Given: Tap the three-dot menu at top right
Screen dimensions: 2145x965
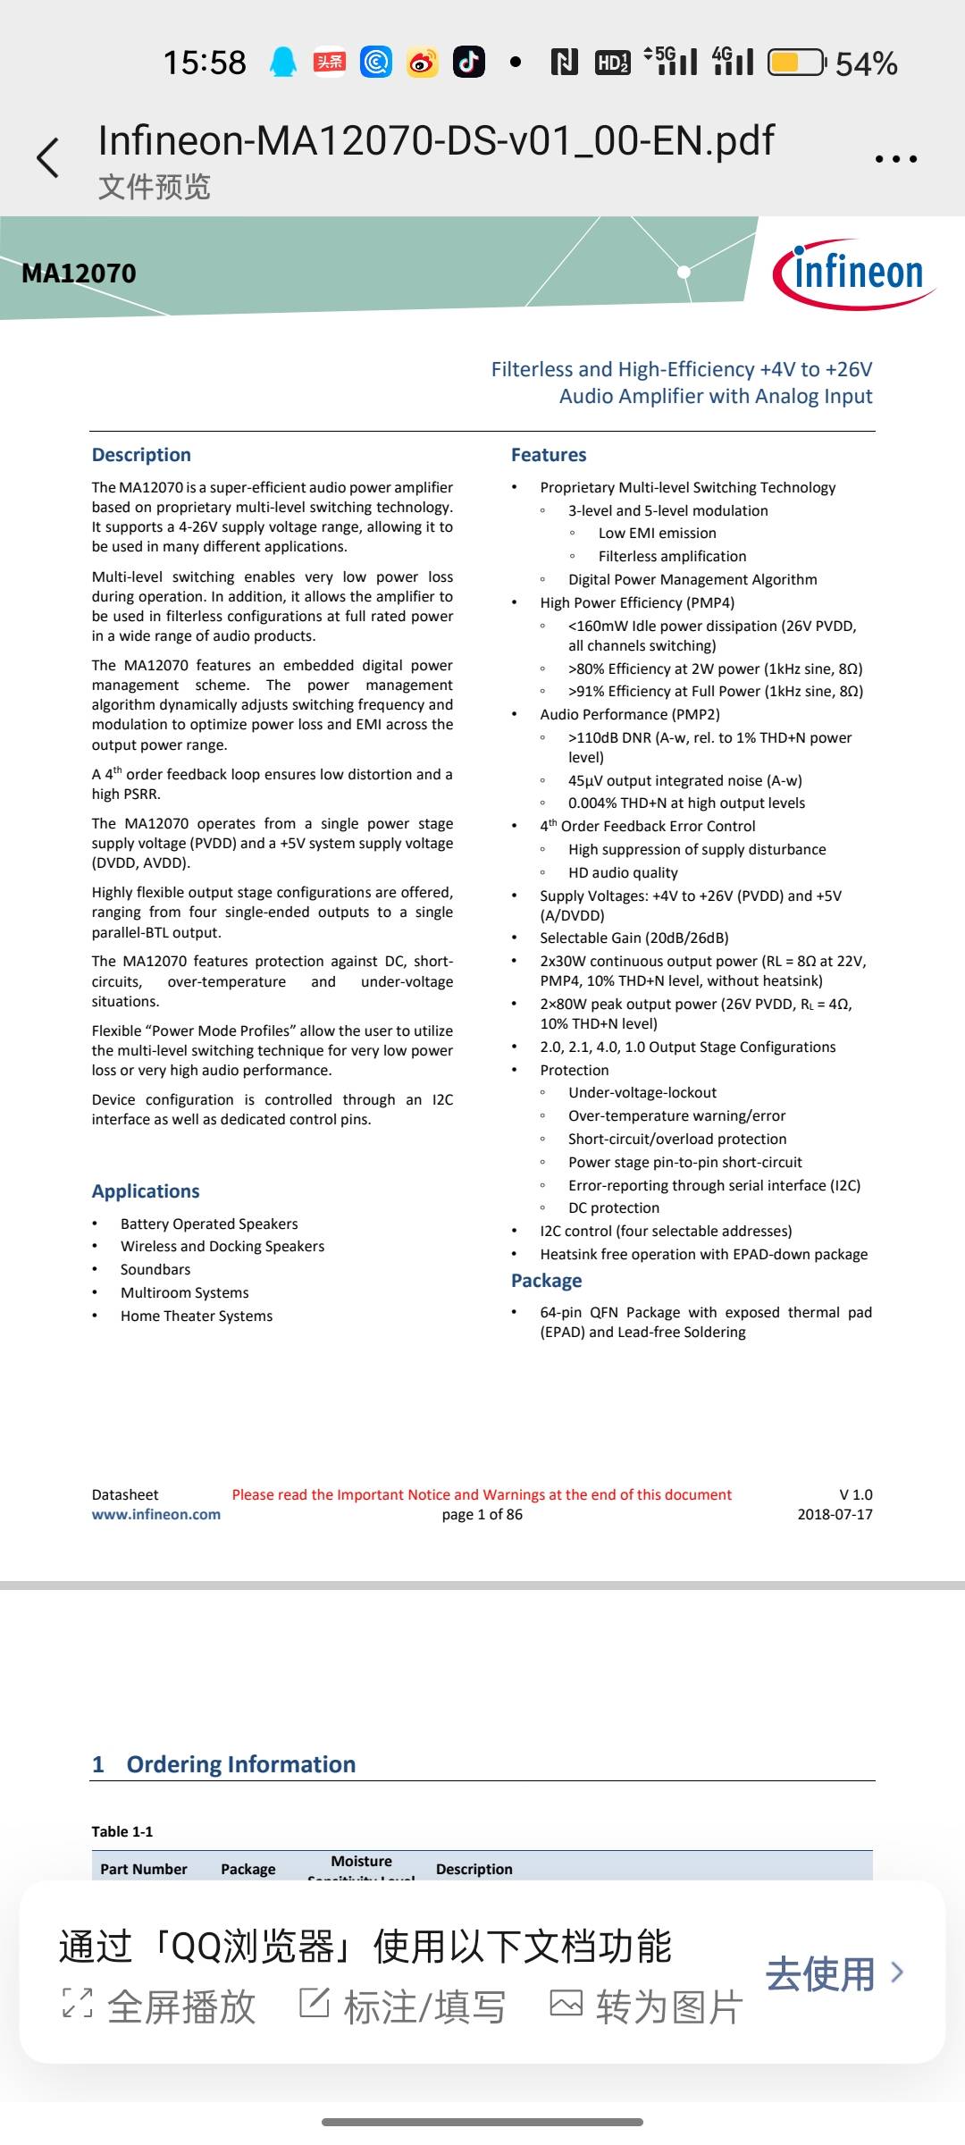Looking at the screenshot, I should click(x=895, y=159).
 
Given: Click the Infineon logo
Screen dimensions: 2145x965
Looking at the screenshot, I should click(x=853, y=273).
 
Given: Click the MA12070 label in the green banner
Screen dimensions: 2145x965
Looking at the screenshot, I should click(x=79, y=273).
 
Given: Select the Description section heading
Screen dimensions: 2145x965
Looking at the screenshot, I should click(x=141, y=455).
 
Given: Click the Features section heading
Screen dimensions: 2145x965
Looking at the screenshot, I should click(x=549, y=455).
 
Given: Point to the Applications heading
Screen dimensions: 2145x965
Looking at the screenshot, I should click(x=146, y=1191).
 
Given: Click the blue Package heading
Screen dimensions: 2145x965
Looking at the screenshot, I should click(x=546, y=1281).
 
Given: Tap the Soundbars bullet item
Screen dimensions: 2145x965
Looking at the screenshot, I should click(x=155, y=1269).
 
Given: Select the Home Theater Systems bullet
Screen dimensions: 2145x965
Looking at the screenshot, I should click(x=197, y=1316).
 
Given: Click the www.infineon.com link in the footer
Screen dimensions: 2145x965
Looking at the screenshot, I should click(x=156, y=1514).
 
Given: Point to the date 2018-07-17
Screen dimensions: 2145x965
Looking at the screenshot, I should click(x=835, y=1514).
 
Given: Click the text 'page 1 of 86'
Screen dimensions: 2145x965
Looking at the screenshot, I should click(x=482, y=1514).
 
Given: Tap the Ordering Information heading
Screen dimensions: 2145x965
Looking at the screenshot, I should click(x=240, y=1764).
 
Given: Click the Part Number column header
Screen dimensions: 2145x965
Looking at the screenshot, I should click(x=144, y=1869).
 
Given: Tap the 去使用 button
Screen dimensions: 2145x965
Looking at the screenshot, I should click(x=834, y=1973).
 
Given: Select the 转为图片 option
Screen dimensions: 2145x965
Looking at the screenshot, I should click(x=647, y=2007).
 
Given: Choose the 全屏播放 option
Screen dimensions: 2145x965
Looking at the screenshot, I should click(x=160, y=2007).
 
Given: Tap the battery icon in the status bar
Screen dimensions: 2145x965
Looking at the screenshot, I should click(x=797, y=63).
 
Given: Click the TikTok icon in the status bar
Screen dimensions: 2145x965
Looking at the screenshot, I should click(x=469, y=63).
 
